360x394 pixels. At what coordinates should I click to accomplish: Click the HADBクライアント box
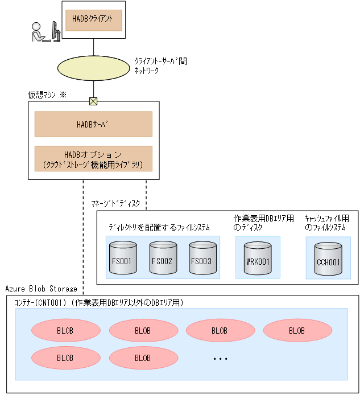[x=93, y=19]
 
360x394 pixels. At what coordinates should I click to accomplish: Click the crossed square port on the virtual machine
[x=93, y=101]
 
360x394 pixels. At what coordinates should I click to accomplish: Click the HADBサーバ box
[x=93, y=124]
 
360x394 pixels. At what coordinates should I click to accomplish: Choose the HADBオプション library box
[x=93, y=159]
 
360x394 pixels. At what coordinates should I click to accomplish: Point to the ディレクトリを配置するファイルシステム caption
[x=159, y=227]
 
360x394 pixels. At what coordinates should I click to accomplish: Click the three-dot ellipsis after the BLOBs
[x=220, y=359]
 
